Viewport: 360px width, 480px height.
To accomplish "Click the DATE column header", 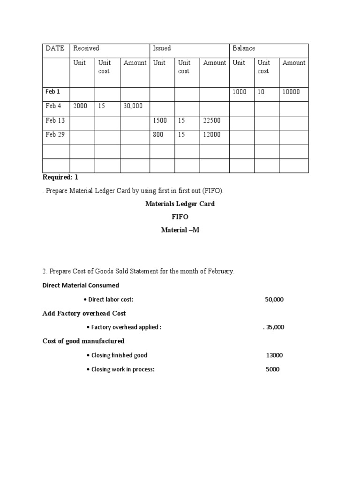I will tap(55, 48).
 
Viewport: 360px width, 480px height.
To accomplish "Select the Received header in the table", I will tap(86, 48).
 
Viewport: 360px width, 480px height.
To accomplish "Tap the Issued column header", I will tap(162, 48).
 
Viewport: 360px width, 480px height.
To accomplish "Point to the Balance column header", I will tap(244, 48).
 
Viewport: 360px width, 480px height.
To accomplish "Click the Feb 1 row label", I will tap(52, 92).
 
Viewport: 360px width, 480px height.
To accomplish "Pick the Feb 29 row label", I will tap(55, 135).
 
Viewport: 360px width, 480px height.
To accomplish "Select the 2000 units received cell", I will tap(80, 106).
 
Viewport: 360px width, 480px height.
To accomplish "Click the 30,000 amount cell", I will tap(133, 106).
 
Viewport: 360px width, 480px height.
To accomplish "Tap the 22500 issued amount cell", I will tap(212, 120).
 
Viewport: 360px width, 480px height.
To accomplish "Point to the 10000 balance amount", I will tap(291, 92).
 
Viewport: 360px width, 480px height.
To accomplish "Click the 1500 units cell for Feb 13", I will tap(160, 120).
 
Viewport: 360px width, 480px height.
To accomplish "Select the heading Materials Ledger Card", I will tap(180, 204).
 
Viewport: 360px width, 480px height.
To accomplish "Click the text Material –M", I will tap(180, 230).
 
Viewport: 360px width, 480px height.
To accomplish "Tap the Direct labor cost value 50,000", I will tap(274, 300).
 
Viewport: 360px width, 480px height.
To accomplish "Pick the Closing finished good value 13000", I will tap(274, 355).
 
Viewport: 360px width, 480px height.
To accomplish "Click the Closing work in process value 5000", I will tap(272, 369).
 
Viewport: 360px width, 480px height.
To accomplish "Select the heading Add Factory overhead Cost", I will tap(84, 313).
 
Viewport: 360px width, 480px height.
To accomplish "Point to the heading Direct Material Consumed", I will tap(81, 285).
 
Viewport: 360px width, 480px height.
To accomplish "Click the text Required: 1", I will tap(60, 177).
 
